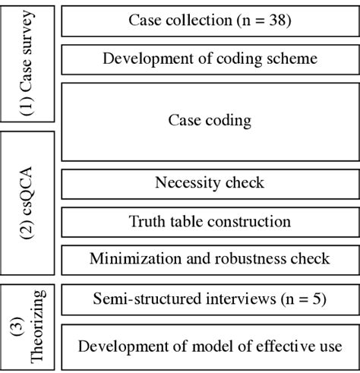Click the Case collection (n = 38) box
pos(210,21)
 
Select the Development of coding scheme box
pos(210,59)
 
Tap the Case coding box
pos(210,121)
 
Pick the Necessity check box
pos(210,183)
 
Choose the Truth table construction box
pos(210,222)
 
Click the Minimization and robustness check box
pos(210,259)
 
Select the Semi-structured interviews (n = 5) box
pos(210,299)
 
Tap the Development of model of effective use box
pos(210,347)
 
